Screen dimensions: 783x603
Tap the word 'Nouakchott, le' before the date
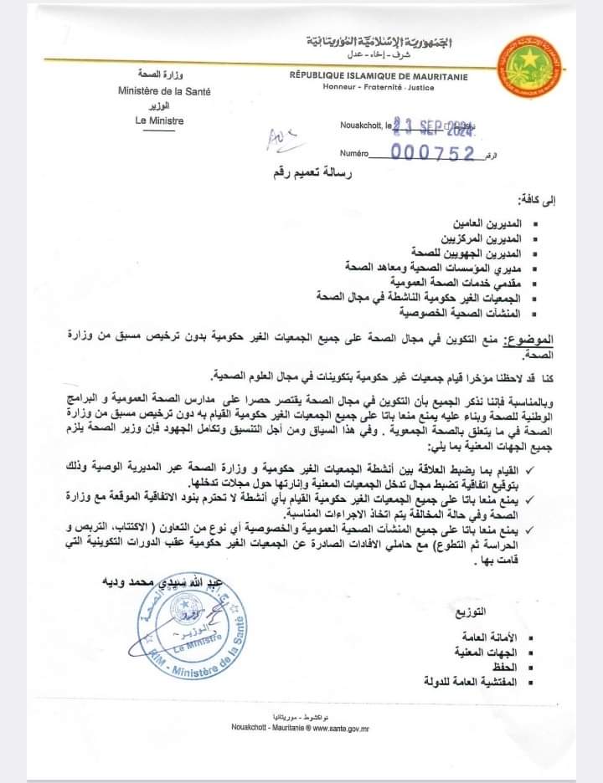point(365,125)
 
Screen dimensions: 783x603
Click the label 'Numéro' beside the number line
point(354,154)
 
